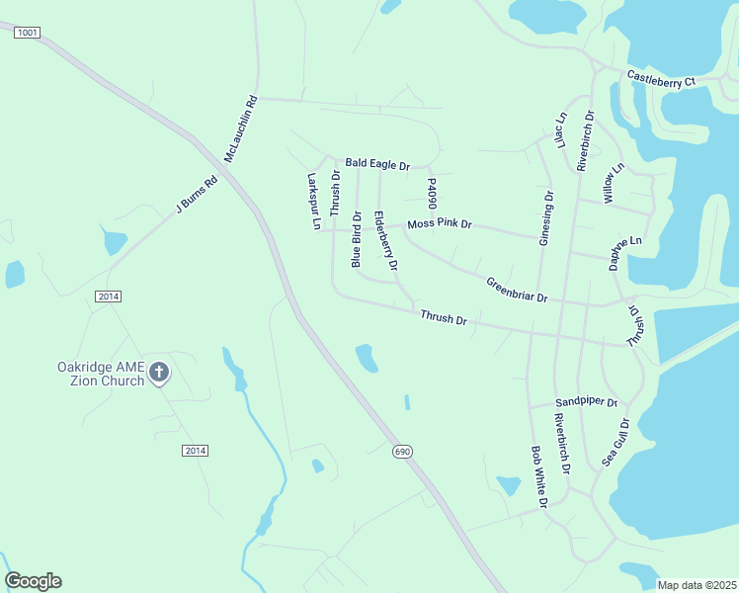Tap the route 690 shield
(x=401, y=451)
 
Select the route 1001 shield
(x=27, y=33)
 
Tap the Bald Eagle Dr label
(x=376, y=165)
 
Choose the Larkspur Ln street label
(x=314, y=202)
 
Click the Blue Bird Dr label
(x=357, y=238)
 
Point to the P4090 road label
(x=432, y=194)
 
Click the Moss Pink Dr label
(x=440, y=224)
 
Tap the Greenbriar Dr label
(x=516, y=291)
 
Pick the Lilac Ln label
(x=560, y=130)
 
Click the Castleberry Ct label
(x=661, y=79)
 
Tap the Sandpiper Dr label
(x=585, y=403)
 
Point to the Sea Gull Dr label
(x=616, y=442)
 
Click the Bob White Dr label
(x=538, y=477)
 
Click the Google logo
(x=34, y=581)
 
